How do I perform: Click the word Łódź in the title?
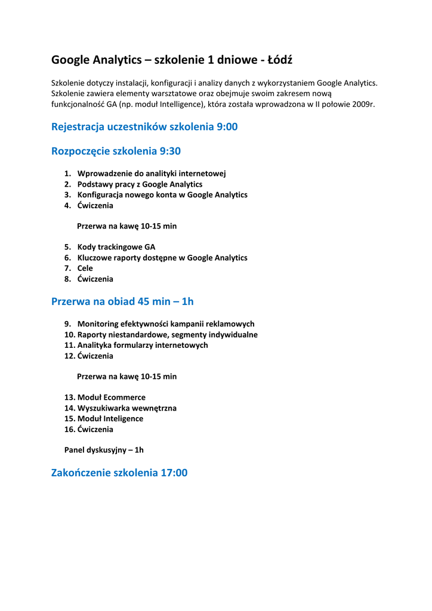280,60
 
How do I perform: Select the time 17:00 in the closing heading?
174,473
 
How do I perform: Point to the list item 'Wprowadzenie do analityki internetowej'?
152,174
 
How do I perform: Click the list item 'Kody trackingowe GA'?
116,247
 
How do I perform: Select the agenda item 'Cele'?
85,269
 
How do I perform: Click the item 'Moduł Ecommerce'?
111,397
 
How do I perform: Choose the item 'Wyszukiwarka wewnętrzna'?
126,408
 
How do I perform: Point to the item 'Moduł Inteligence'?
110,419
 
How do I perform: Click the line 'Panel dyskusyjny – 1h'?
104,450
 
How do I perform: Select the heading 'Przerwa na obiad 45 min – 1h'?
122,301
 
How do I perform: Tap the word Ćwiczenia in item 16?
95,430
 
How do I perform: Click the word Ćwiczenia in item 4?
95,206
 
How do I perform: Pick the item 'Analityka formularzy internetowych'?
143,345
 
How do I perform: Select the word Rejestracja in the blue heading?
79,126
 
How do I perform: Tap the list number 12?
69,356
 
